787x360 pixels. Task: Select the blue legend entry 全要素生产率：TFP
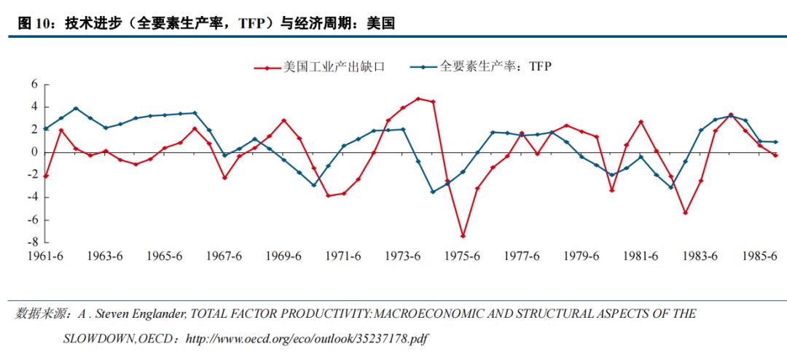[x=496, y=67]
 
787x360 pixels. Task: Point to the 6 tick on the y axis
[x=34, y=85]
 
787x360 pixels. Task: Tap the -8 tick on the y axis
[x=31, y=242]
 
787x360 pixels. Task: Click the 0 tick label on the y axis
[x=34, y=152]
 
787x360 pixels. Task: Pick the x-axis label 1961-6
[x=46, y=257]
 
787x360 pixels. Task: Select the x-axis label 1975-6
[x=463, y=257]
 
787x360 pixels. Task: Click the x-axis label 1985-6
[x=759, y=257]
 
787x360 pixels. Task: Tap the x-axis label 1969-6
[x=284, y=257]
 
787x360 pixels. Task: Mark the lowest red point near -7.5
[x=463, y=236]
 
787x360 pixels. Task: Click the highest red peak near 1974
[x=418, y=98]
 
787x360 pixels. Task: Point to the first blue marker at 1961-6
[x=46, y=128]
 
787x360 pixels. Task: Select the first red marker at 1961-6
[x=46, y=176]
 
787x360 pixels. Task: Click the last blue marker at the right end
[x=775, y=141]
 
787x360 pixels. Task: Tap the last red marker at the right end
[x=775, y=155]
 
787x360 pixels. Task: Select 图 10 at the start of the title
[x=34, y=24]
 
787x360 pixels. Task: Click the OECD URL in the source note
[x=305, y=340]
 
